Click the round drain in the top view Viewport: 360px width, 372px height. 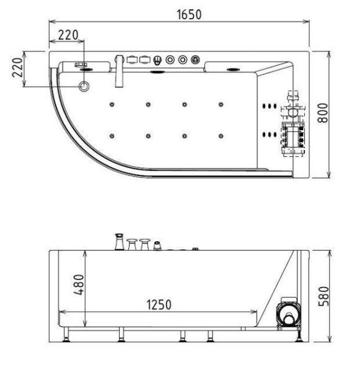click(x=85, y=86)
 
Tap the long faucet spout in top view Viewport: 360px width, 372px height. click(x=119, y=74)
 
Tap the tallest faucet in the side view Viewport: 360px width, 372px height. click(x=118, y=241)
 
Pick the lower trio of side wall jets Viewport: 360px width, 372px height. click(x=268, y=133)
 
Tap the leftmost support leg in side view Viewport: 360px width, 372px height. click(x=67, y=336)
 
